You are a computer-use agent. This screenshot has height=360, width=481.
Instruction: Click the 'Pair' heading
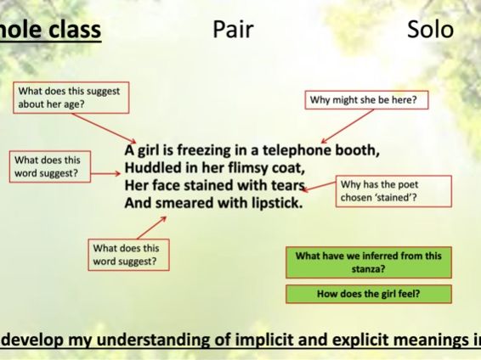(x=232, y=31)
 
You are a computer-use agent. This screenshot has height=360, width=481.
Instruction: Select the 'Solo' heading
(x=430, y=31)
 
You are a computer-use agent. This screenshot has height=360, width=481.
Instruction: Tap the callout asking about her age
(x=71, y=98)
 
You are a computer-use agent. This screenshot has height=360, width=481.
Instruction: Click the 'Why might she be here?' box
(x=368, y=101)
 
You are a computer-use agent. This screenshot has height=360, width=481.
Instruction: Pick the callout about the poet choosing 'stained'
(x=382, y=191)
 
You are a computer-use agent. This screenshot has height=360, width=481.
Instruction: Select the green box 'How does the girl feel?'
(x=369, y=294)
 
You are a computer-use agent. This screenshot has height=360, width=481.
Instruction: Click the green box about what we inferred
(x=369, y=262)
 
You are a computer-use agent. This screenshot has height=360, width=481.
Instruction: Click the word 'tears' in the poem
(x=283, y=185)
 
